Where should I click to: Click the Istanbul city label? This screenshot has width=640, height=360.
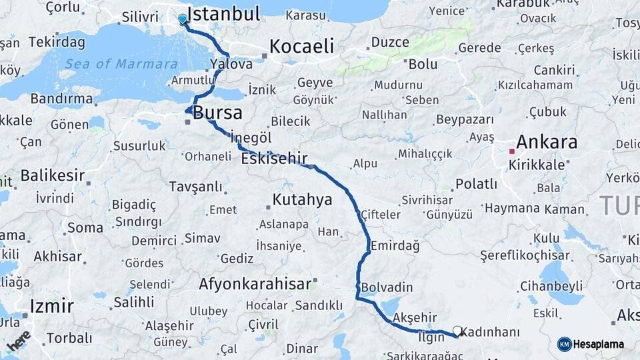[x=223, y=14]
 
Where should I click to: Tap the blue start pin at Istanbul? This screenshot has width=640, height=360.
[x=183, y=19]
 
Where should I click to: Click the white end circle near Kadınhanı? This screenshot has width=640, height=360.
[x=457, y=330]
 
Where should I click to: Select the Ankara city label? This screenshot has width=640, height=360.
[x=546, y=142]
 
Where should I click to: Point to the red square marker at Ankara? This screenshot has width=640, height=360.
[x=512, y=151]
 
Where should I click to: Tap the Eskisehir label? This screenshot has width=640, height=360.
[x=274, y=159]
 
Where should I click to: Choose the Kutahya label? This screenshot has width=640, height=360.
[x=302, y=199]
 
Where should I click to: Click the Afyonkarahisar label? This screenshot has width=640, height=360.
[x=255, y=284]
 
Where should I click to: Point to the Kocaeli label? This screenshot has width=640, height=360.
[x=301, y=46]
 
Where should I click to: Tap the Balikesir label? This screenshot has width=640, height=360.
[x=53, y=175]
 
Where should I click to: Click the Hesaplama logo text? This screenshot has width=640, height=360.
[x=598, y=344]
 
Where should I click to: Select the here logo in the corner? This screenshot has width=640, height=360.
[x=19, y=339]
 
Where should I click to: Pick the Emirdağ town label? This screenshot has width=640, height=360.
[x=395, y=245]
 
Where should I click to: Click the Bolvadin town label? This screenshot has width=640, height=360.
[x=387, y=288]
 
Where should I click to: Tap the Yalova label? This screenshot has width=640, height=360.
[x=231, y=64]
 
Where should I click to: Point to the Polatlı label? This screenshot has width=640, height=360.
[x=476, y=184]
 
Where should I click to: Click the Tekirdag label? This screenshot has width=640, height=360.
[x=57, y=43]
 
